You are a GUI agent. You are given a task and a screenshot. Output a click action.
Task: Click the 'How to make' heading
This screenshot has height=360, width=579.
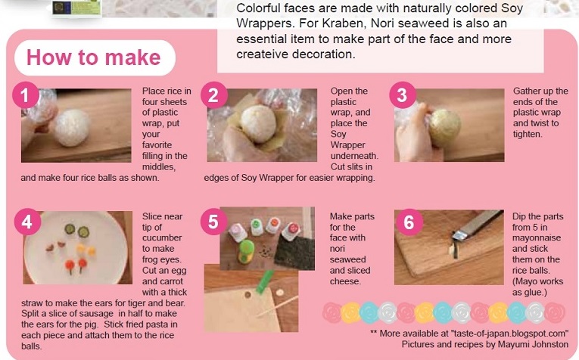click(93, 57)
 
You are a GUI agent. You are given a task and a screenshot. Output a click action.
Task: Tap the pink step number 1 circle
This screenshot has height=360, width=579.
click(26, 95)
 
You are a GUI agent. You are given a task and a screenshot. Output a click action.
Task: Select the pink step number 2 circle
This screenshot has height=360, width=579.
click(213, 95)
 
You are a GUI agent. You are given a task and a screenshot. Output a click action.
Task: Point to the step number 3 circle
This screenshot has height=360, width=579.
click(403, 95)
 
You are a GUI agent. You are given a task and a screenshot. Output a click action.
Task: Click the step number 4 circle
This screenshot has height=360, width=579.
click(27, 222)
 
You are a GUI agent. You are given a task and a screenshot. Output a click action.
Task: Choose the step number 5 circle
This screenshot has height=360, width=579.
click(213, 222)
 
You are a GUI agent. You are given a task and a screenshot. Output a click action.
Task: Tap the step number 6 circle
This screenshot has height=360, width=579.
click(409, 222)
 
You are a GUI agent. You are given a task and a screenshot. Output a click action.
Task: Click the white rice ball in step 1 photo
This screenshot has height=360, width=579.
click(72, 128)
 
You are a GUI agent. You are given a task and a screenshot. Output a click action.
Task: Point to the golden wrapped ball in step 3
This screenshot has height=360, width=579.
click(444, 128)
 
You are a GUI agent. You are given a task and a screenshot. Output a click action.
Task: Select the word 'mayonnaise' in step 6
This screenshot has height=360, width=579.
click(537, 238)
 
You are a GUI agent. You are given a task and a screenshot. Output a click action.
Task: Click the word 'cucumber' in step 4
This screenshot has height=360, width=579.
click(162, 237)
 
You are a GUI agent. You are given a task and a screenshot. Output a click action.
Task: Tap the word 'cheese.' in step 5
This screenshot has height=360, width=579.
click(345, 281)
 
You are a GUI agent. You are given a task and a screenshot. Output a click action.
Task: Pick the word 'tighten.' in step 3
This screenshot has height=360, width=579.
click(528, 135)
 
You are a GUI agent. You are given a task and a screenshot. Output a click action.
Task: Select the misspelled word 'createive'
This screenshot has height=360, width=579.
click(263, 54)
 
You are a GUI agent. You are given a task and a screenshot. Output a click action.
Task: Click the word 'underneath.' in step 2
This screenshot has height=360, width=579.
click(354, 156)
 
